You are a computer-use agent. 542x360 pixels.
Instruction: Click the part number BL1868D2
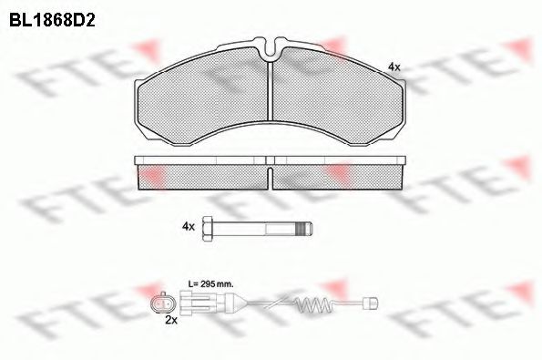point(52,20)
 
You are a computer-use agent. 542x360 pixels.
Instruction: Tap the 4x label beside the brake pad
point(394,67)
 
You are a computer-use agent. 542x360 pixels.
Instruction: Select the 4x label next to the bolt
point(189,227)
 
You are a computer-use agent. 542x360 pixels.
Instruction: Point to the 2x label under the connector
point(171,320)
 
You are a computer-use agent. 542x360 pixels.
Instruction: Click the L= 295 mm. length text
point(210,284)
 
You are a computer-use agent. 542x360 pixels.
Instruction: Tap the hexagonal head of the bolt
point(208,228)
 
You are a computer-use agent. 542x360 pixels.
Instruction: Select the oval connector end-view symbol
point(162,303)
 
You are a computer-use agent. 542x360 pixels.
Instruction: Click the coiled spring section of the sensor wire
point(313,304)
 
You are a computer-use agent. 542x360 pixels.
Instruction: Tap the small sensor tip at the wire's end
point(373,303)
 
